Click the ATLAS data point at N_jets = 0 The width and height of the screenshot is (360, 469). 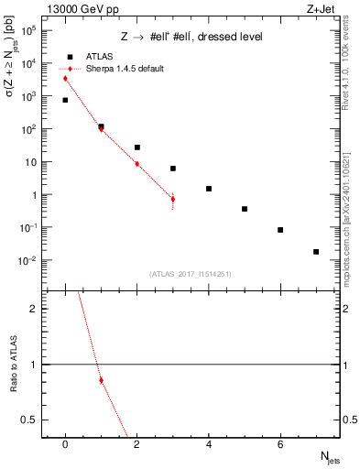65,100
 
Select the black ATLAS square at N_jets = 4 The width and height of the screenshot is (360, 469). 209,189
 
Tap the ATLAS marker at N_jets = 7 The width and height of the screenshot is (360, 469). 316,252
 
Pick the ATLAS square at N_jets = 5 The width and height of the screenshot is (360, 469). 245,209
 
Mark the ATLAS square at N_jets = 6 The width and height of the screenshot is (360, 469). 280,230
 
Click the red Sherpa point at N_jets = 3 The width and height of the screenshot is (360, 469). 172,199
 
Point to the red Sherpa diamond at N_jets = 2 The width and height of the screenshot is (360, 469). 136,164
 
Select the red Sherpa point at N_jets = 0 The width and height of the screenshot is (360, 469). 65,79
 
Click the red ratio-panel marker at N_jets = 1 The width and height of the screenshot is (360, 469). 101,380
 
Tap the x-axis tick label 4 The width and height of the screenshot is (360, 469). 209,445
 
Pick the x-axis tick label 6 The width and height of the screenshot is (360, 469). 280,445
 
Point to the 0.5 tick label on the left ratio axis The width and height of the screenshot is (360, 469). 33,420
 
